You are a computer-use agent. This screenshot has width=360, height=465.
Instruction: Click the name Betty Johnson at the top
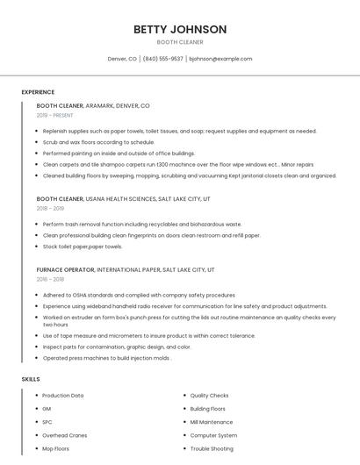click(180, 29)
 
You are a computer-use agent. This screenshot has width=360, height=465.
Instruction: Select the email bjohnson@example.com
click(220, 59)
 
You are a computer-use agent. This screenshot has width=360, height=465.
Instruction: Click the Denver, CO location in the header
click(122, 59)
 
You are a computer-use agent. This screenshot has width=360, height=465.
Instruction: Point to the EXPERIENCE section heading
click(38, 92)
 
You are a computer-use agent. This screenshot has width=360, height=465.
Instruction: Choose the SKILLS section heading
click(31, 379)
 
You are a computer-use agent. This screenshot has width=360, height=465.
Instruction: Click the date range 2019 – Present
click(54, 115)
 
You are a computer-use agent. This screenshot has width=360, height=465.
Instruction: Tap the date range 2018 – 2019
click(50, 209)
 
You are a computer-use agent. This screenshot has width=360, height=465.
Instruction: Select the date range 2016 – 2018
click(50, 279)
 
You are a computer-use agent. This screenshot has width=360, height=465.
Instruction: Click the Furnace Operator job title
click(66, 269)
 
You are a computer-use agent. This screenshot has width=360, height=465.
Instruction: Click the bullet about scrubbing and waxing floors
click(98, 142)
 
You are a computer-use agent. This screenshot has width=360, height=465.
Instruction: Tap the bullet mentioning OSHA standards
click(139, 296)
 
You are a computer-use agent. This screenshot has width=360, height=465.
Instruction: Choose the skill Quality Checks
click(209, 396)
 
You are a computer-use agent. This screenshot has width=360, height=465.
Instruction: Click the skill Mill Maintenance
click(212, 422)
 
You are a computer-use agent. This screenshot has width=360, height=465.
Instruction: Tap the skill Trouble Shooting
click(212, 448)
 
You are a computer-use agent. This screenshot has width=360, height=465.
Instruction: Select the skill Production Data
click(63, 396)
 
